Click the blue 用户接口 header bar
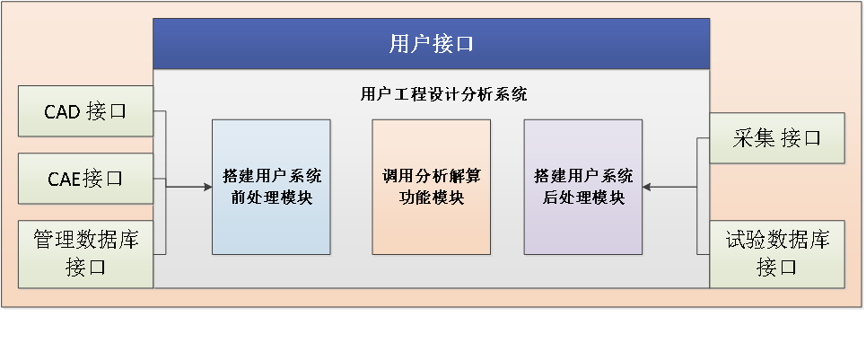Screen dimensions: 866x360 432,44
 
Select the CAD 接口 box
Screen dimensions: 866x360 85,111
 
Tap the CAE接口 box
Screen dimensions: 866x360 85,179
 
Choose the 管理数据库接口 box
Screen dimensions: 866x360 85,254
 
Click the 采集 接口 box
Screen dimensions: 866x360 776,138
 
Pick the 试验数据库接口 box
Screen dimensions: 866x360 776,254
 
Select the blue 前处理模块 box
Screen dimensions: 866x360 271,187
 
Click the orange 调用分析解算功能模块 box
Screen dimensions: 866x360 432,187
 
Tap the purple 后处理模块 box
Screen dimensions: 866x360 583,187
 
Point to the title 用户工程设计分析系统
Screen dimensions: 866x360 443,94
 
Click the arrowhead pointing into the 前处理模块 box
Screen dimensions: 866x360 208,187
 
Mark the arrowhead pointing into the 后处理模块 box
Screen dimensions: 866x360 647,187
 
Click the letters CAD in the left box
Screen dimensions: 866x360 63,111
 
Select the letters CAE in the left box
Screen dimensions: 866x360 65,179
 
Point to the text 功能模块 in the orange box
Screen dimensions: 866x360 432,198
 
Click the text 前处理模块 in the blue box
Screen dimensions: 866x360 271,198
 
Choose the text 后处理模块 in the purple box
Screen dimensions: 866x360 583,198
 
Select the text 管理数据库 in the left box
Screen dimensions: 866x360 85,241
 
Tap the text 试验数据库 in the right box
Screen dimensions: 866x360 777,241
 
